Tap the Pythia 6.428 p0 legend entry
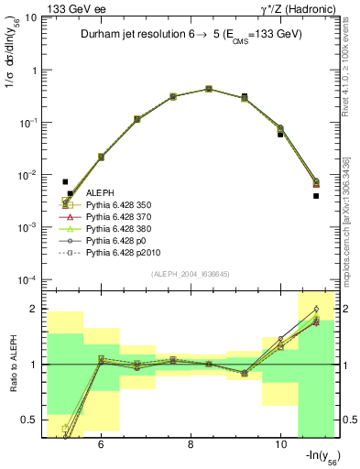point(118,247)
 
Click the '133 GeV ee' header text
point(71,9)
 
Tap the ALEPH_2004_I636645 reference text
point(190,274)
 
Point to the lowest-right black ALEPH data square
point(315,195)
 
